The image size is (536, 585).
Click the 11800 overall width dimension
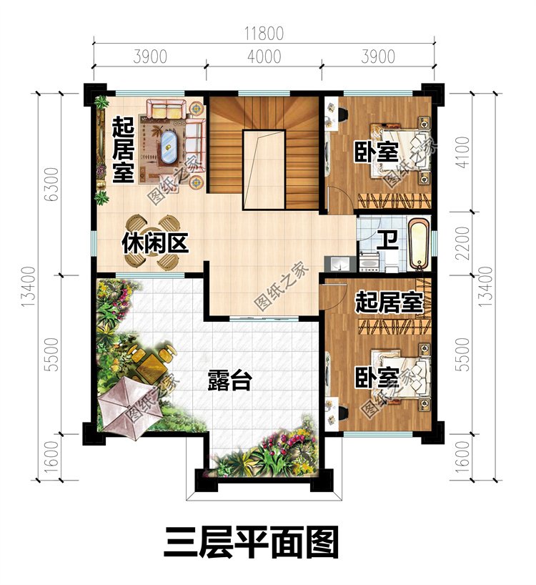[x=264, y=33]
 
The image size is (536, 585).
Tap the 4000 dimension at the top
[x=264, y=56]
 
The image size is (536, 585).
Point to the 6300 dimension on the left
[x=51, y=185]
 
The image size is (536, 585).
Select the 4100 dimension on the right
[x=462, y=152]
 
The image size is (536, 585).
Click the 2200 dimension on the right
[x=462, y=243]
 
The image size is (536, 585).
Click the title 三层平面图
[x=252, y=542]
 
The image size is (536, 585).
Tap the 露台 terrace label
[x=230, y=380]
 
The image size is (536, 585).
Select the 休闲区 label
[x=155, y=243]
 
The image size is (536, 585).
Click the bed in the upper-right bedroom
[x=400, y=151]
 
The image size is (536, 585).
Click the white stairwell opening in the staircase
[x=264, y=169]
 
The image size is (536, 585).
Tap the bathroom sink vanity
[x=369, y=262]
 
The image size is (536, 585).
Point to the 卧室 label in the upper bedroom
[x=376, y=152]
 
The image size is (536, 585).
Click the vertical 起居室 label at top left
[x=123, y=149]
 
